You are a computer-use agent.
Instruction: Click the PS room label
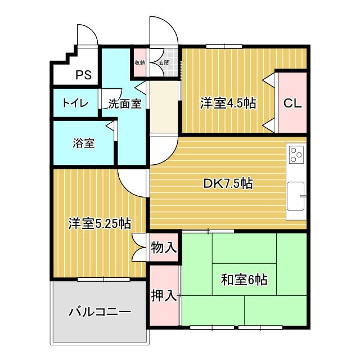coord(84,75)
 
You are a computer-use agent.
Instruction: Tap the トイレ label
coord(75,103)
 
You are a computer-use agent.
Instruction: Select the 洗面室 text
coord(125,103)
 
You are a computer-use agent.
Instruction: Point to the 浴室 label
coord(84,143)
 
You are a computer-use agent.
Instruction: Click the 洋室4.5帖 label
coord(228,103)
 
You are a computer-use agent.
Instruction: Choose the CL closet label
coord(292,103)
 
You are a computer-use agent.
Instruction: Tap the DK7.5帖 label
coord(228,183)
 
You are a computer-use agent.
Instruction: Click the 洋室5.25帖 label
coord(100,224)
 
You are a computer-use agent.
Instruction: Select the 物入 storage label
coord(164,247)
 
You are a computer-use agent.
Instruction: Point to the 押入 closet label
coord(164,295)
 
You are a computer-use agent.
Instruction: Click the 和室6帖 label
coord(244,280)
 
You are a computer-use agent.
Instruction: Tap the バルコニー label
coord(100,312)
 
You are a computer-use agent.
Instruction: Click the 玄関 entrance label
coord(164,62)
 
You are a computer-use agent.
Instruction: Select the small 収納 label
coord(140,62)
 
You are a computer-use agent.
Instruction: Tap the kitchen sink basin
coord(296,196)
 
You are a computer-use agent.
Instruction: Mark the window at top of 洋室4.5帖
coord(224,47)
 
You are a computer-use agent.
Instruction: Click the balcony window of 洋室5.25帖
coord(103,280)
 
